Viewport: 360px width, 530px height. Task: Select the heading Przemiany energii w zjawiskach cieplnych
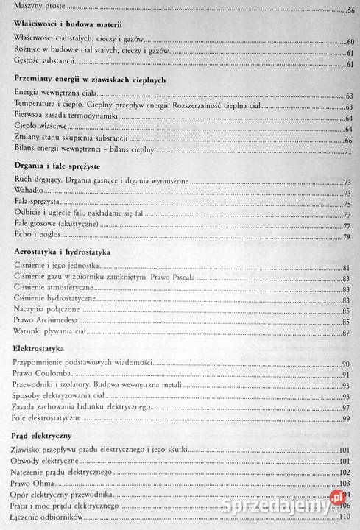[x=88, y=79]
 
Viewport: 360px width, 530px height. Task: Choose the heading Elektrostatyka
[x=40, y=347]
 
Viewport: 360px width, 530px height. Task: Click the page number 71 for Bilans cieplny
[x=349, y=151]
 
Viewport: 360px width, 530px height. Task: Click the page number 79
[x=349, y=237]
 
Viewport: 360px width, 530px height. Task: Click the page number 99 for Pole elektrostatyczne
[x=349, y=419]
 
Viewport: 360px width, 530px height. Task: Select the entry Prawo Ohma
[x=33, y=483]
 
